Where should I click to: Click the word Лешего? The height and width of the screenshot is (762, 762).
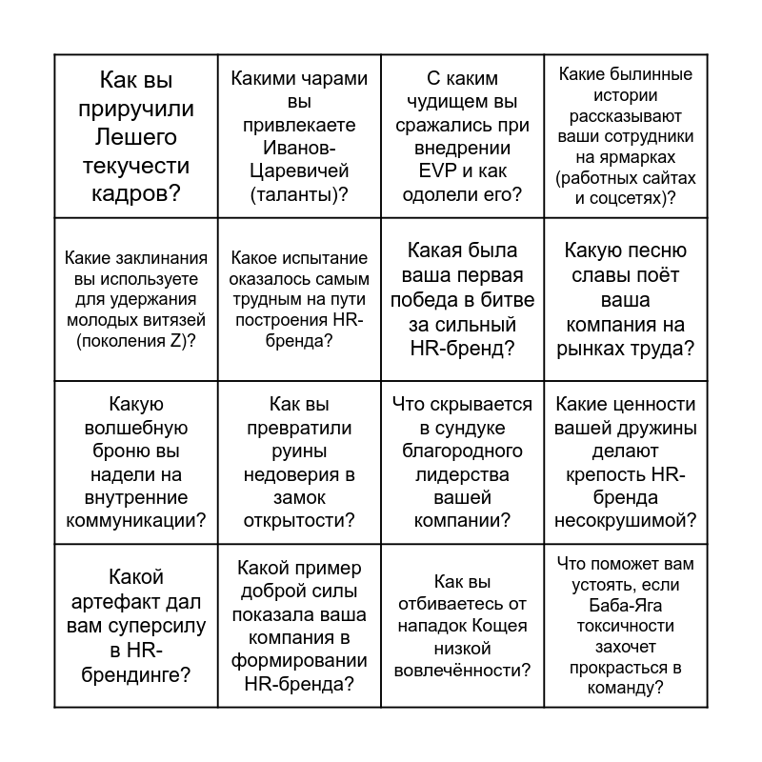(x=137, y=137)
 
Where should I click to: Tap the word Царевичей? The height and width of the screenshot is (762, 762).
(x=299, y=171)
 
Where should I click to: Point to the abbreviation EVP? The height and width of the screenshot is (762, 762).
(x=411, y=171)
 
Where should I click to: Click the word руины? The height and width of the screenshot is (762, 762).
(x=299, y=450)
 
